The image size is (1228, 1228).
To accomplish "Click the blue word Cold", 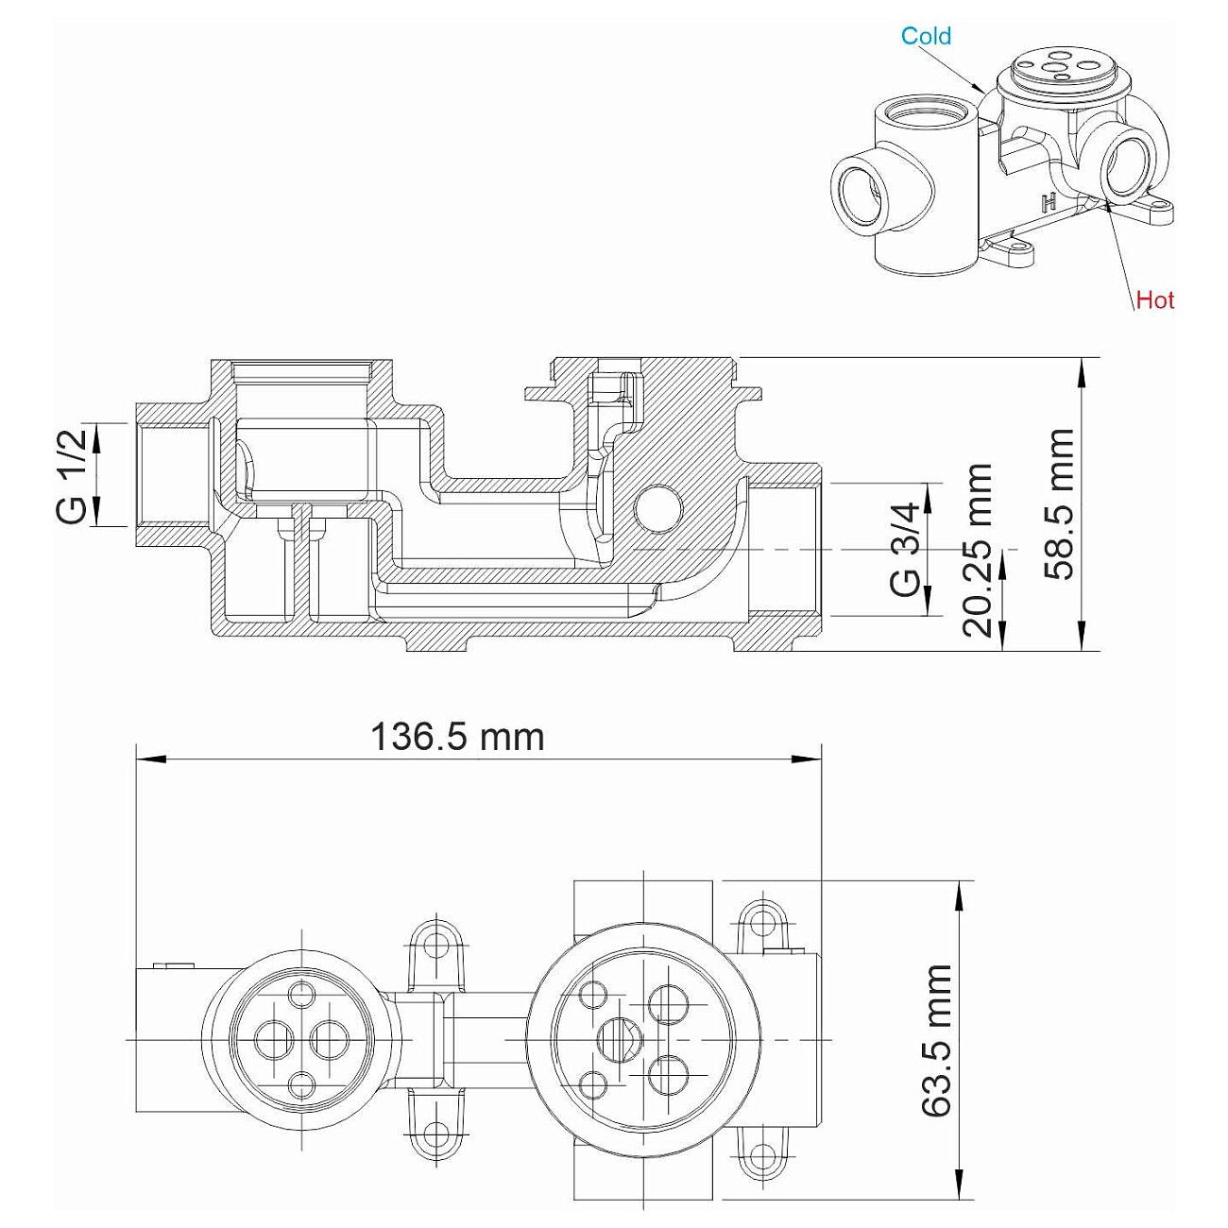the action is pos(926,36).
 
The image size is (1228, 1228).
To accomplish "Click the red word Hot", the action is pos(1155,299).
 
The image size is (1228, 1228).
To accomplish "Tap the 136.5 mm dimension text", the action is pos(457,738).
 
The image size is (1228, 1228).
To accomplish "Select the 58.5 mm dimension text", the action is pos(1059,504).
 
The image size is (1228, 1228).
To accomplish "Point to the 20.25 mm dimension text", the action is pos(977,551).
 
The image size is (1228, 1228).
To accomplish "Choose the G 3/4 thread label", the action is pos(905,550).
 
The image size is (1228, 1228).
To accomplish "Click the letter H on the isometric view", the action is pos(1049,203).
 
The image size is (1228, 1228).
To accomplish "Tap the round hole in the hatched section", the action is pos(658,508).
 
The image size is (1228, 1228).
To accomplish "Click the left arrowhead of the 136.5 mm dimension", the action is pos(150,759).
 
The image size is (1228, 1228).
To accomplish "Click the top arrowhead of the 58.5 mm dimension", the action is pos(1083,372).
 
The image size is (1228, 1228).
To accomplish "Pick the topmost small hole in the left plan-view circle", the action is pos(301,992).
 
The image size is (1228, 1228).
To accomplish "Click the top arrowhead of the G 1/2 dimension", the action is pos(97,437).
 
